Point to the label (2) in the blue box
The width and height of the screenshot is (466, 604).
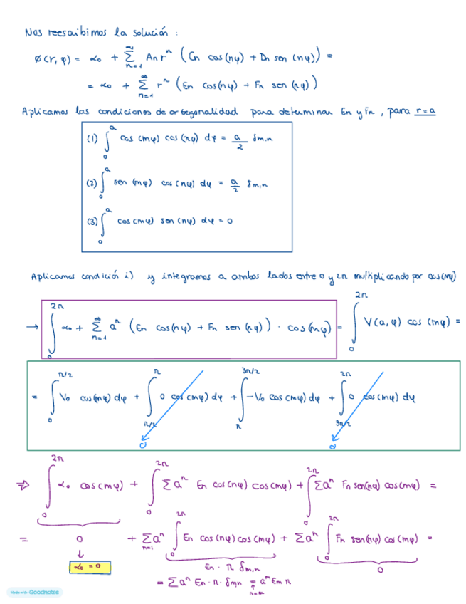(92, 183)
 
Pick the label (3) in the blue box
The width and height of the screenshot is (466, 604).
(92, 221)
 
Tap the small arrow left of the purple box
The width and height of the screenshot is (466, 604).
(31, 328)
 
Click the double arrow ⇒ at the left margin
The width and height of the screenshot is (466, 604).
(22, 486)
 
